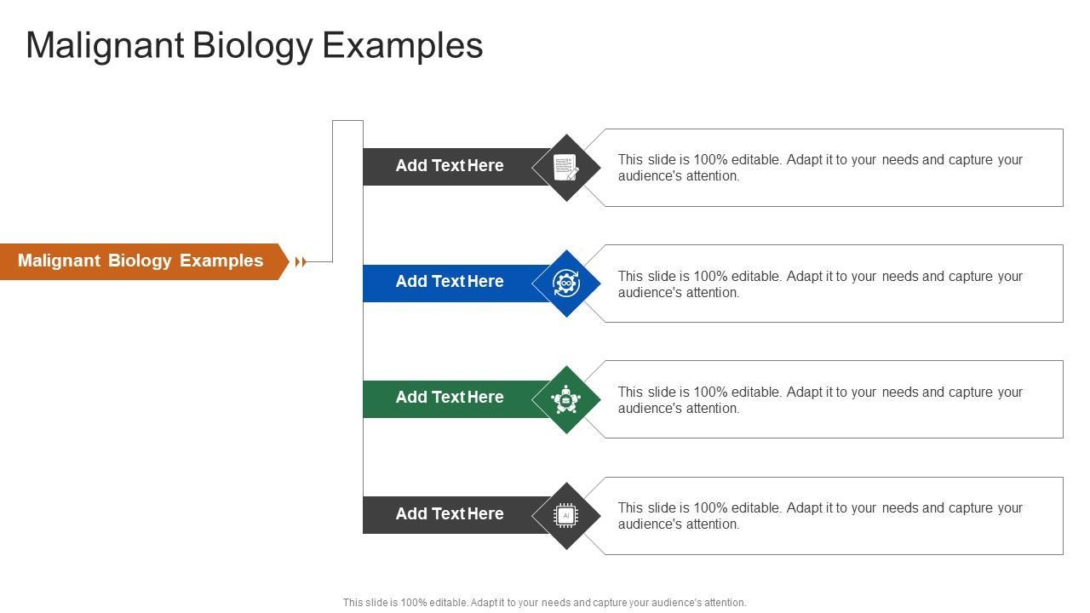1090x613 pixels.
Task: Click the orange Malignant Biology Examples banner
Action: tap(141, 261)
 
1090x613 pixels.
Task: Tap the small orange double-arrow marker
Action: tap(300, 262)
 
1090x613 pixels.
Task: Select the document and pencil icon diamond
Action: tap(566, 168)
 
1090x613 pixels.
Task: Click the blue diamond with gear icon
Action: tap(566, 284)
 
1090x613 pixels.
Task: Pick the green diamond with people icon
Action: tap(566, 399)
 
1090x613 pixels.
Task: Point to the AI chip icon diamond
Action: tap(566, 515)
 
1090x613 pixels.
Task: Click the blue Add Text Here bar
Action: tap(450, 282)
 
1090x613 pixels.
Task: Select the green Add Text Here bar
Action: tap(450, 398)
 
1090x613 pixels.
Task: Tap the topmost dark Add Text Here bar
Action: tap(450, 166)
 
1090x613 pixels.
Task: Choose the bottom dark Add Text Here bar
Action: tap(450, 514)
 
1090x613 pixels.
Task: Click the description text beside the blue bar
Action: tap(819, 284)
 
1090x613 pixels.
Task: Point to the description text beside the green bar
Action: tap(819, 400)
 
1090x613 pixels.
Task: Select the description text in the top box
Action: tap(819, 168)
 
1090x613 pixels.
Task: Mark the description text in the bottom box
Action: tap(819, 516)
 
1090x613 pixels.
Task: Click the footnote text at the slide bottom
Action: tap(544, 603)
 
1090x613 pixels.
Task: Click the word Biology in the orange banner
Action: tap(141, 261)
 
